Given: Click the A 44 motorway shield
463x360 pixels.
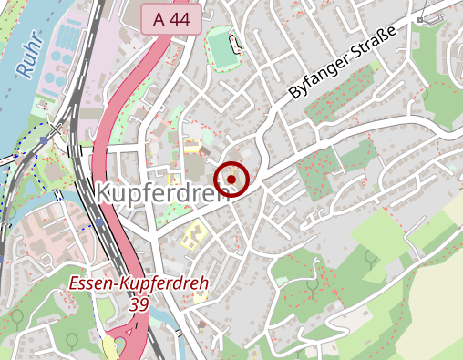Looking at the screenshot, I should (170, 19).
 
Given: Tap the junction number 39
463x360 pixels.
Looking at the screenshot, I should (139, 304).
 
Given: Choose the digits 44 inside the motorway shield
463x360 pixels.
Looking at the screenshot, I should (181, 19).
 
